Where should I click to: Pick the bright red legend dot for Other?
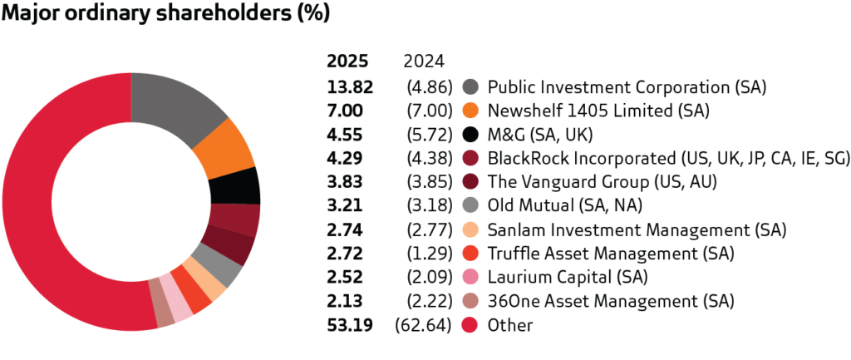coord(470,326)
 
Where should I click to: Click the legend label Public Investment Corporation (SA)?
coord(626,86)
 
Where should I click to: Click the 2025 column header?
coord(343,62)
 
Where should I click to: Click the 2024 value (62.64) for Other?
coord(421,326)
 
